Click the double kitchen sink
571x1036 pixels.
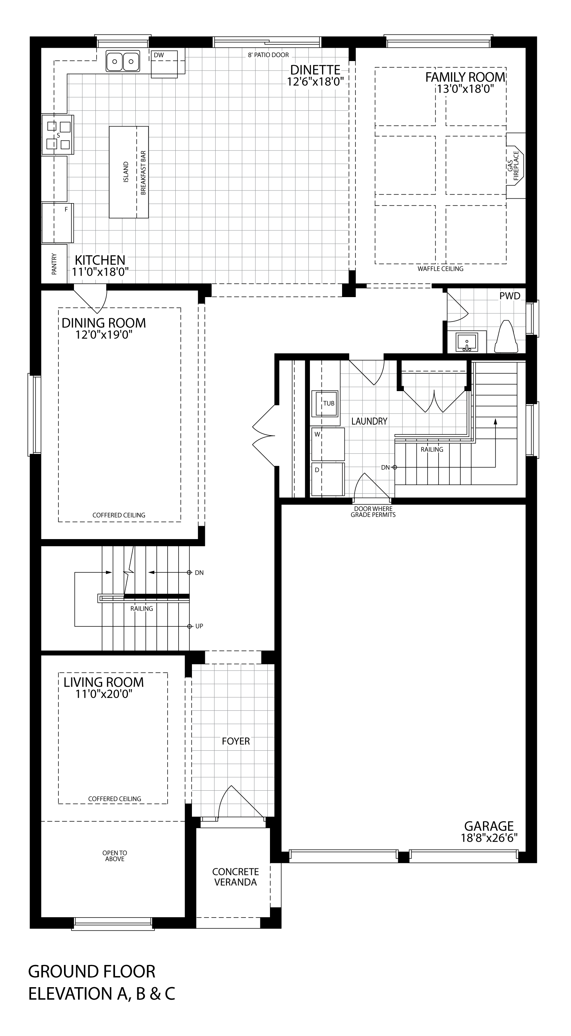(123, 61)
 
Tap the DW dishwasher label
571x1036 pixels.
(159, 55)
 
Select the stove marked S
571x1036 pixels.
(58, 135)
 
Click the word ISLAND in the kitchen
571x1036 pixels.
(126, 172)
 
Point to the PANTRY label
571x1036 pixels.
(54, 264)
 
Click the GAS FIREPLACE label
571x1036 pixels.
(513, 166)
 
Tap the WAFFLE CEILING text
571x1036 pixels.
(440, 269)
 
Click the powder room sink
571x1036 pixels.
(467, 342)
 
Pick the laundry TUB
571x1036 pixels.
(326, 403)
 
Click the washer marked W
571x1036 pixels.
(328, 444)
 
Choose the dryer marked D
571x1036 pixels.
(328, 479)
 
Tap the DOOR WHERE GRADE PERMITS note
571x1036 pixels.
(373, 512)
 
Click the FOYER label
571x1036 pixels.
(236, 741)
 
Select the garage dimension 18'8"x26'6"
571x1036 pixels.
(489, 838)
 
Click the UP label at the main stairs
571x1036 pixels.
(199, 626)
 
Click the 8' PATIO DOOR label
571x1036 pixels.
(268, 55)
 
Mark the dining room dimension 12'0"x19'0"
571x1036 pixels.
(104, 334)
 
